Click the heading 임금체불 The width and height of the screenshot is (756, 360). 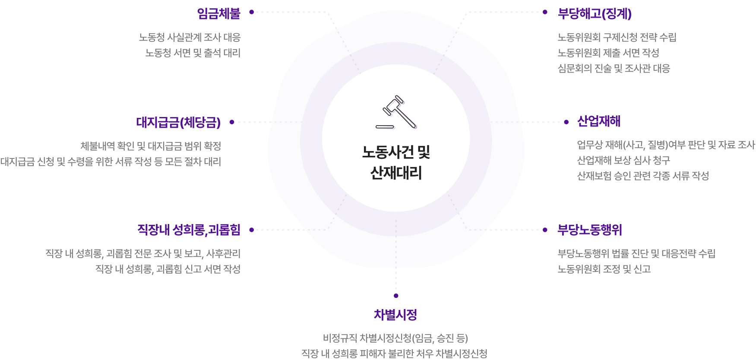click(x=218, y=14)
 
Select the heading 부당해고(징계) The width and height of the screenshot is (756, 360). click(x=595, y=14)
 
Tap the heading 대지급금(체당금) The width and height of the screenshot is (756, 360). click(x=178, y=123)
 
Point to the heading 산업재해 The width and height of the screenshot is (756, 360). click(x=598, y=121)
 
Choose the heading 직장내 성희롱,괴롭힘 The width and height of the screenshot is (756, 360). click(x=189, y=230)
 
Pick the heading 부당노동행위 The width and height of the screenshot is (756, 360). click(x=589, y=230)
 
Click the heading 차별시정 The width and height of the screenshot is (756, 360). click(x=395, y=315)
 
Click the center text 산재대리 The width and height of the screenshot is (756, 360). click(x=396, y=173)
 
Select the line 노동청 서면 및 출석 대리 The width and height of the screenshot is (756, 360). click(x=193, y=53)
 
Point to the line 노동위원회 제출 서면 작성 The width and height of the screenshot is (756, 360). click(x=608, y=53)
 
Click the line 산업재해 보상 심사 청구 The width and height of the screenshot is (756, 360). click(x=623, y=161)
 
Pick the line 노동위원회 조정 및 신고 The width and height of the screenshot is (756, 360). click(x=604, y=269)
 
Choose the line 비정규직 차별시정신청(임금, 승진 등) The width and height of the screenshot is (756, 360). click(x=395, y=338)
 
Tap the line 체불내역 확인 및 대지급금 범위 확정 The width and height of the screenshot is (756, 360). click(x=151, y=146)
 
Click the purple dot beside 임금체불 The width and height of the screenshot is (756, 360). click(x=251, y=12)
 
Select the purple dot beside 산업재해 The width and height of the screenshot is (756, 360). click(x=566, y=122)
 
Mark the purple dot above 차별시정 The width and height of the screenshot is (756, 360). click(x=396, y=296)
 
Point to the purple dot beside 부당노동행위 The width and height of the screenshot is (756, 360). click(x=545, y=230)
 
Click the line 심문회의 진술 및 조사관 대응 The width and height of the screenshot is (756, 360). click(x=614, y=69)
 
